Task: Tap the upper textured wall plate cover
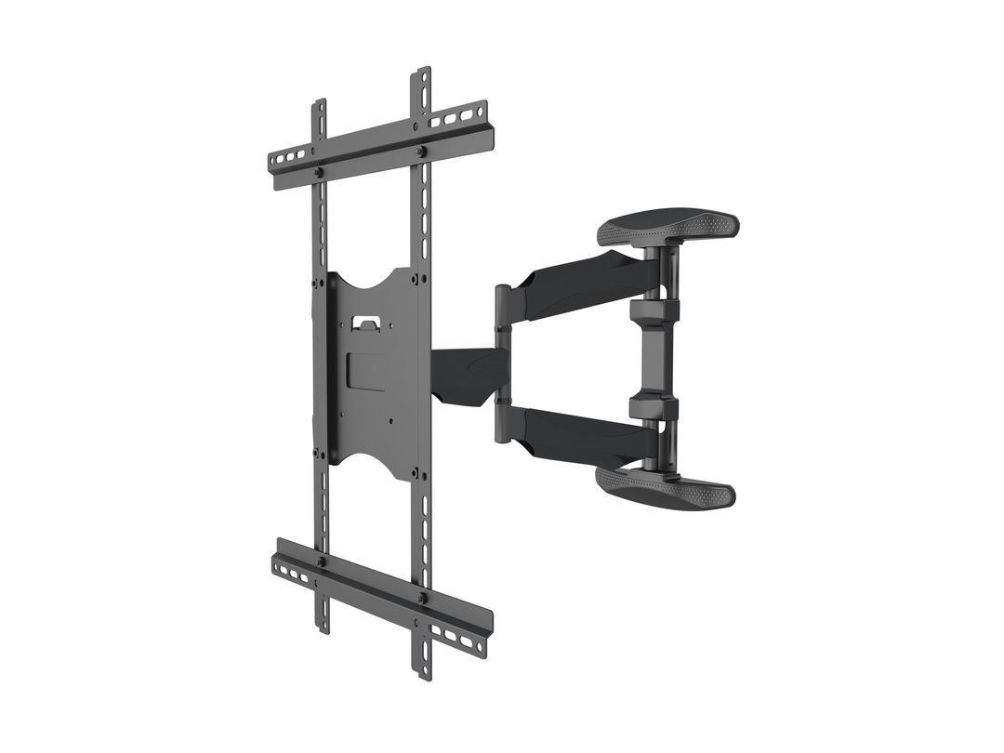tap(668, 226)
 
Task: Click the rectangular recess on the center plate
tap(367, 369)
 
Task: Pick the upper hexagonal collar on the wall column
tap(654, 311)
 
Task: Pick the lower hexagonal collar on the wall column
tap(654, 406)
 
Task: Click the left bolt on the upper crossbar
tap(318, 172)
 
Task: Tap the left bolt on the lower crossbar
tap(319, 561)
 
